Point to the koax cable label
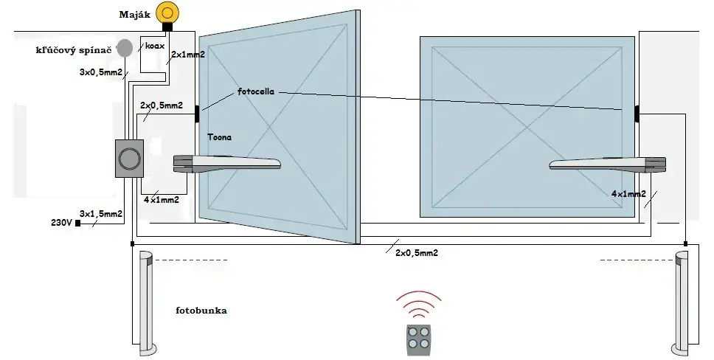click(155, 46)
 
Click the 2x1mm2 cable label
click(187, 55)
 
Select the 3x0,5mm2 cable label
click(101, 72)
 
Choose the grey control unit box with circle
click(129, 159)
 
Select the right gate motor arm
click(609, 165)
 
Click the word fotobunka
click(201, 311)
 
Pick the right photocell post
click(681, 302)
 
